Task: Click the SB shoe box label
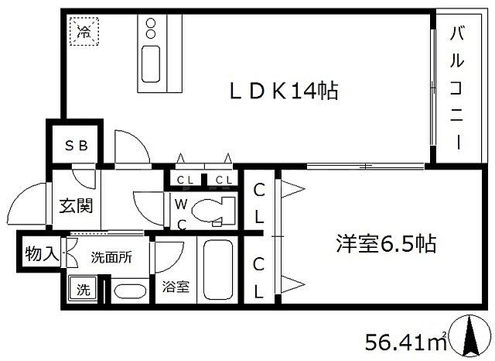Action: (75, 146)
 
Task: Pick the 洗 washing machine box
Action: (82, 291)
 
